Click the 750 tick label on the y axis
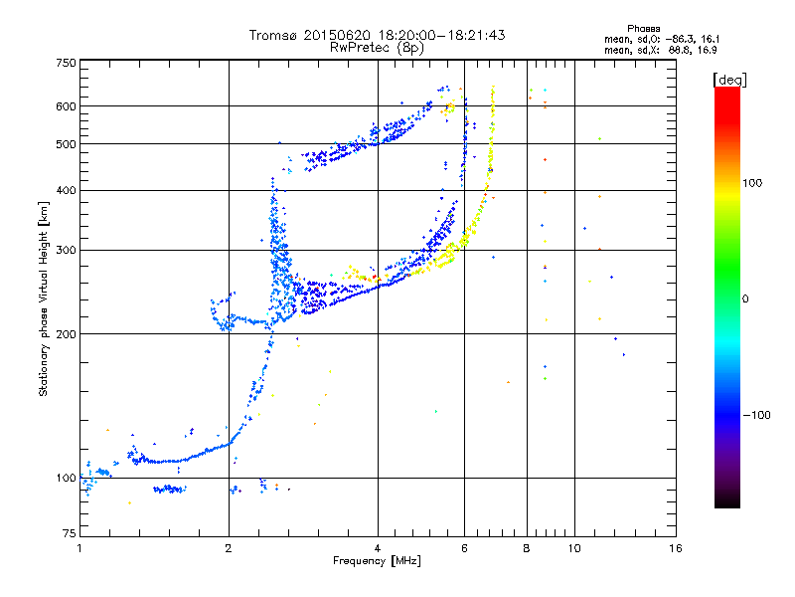67,63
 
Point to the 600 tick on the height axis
67,106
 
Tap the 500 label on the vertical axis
67,144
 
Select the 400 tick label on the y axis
67,190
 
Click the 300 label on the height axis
67,250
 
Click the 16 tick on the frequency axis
676,548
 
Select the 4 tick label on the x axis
378,548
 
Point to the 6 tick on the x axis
464,548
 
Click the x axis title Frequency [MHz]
377,562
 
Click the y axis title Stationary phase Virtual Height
44,299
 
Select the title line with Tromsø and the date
377,35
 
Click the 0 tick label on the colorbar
746,298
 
